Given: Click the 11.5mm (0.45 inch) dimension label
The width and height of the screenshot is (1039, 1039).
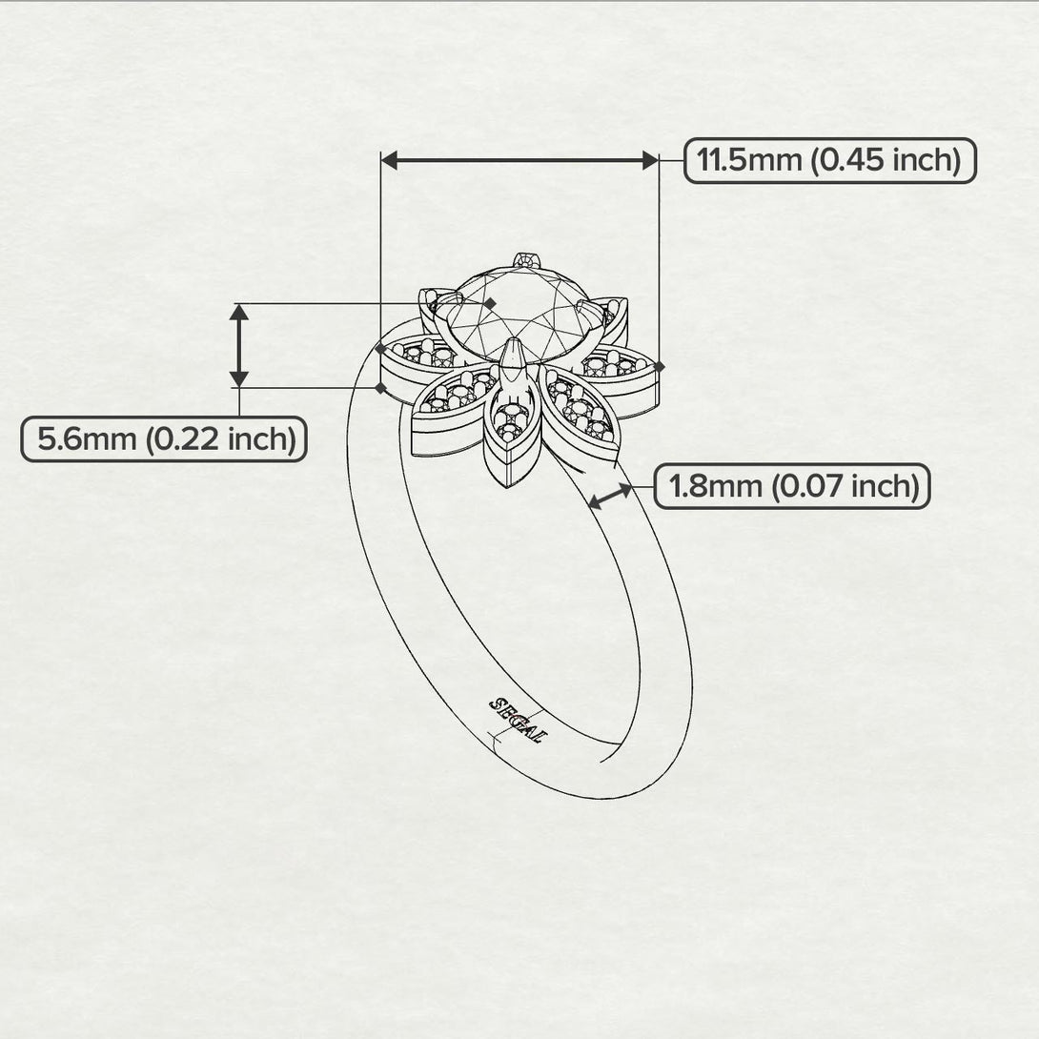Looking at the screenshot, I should pos(829,160).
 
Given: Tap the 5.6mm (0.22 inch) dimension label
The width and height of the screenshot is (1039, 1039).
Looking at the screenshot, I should pos(164,439).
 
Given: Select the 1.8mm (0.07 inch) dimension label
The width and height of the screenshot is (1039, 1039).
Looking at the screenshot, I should pos(792,487).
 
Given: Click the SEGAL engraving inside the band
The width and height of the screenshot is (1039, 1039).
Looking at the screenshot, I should pos(516,720).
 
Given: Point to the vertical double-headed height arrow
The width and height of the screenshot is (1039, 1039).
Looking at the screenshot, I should pos(239,345).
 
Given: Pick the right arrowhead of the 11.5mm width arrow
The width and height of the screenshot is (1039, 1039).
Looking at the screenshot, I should pos(650,161).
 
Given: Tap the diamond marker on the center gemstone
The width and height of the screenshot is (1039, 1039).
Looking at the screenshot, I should pos(491,302).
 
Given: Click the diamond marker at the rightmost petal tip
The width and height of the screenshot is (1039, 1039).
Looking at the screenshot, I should pos(659,365).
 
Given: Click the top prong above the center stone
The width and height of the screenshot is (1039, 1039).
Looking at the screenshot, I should pos(525,258).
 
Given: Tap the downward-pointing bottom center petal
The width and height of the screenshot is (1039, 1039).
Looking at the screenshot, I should pos(510,428).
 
